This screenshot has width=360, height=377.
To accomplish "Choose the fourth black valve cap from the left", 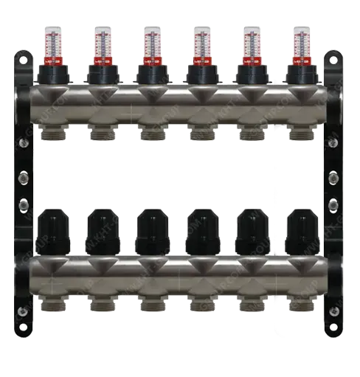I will point(201,230).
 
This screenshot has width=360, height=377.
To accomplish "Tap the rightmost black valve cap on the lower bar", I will point(300,230).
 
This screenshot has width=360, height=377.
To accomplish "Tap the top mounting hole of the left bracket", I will point(24,57).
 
